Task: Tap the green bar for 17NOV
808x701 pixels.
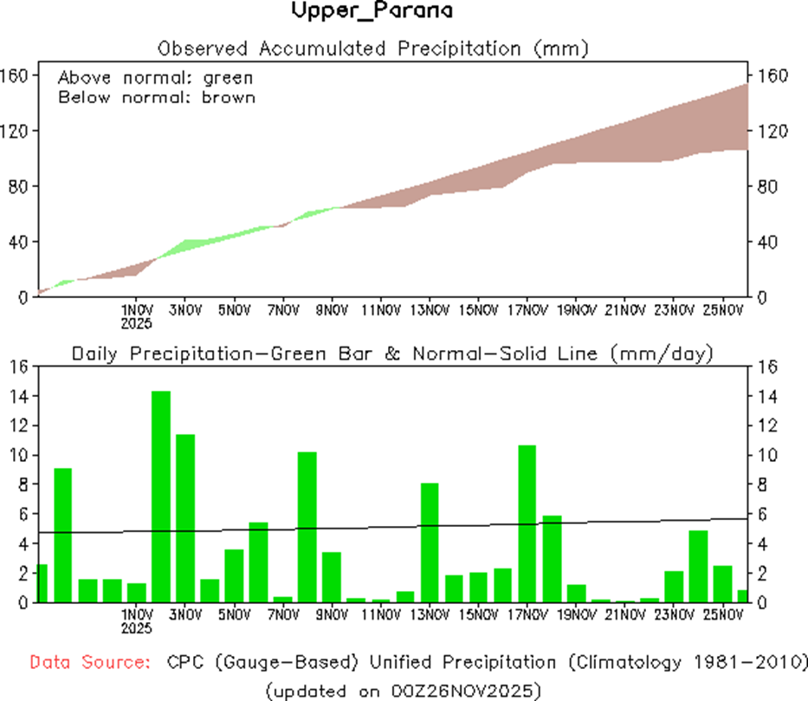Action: pos(527,523)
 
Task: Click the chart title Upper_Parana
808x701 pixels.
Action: pos(372,12)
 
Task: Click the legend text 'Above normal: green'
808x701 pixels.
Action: pos(156,77)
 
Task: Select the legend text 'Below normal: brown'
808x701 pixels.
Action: pos(157,97)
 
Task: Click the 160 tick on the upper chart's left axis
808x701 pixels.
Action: pos(16,75)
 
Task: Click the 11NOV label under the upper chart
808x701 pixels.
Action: pos(381,309)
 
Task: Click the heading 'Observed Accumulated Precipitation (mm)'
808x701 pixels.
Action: pos(372,49)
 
